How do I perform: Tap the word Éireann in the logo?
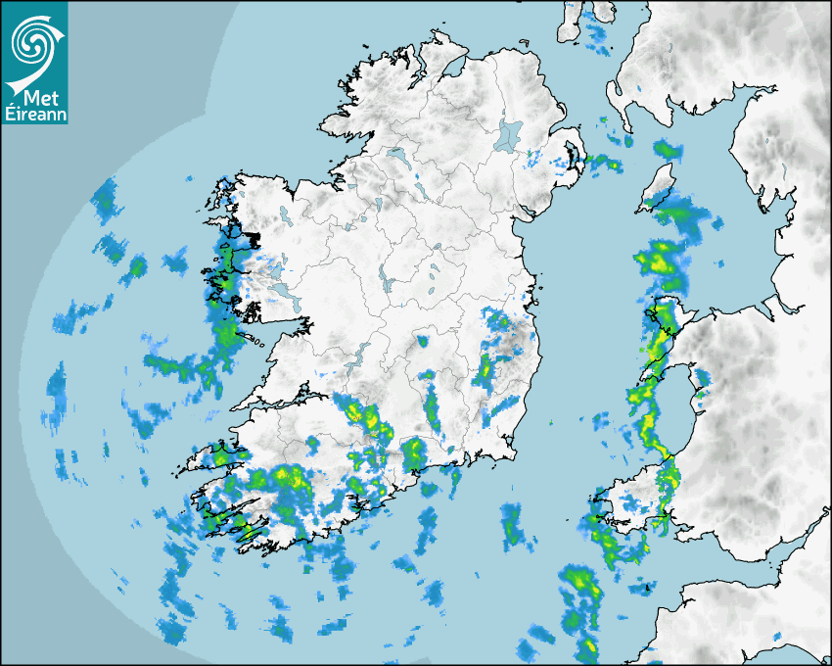click(33, 115)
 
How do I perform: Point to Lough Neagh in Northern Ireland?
click(509, 134)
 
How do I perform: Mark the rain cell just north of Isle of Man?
click(668, 150)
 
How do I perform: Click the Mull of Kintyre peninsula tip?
click(615, 98)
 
